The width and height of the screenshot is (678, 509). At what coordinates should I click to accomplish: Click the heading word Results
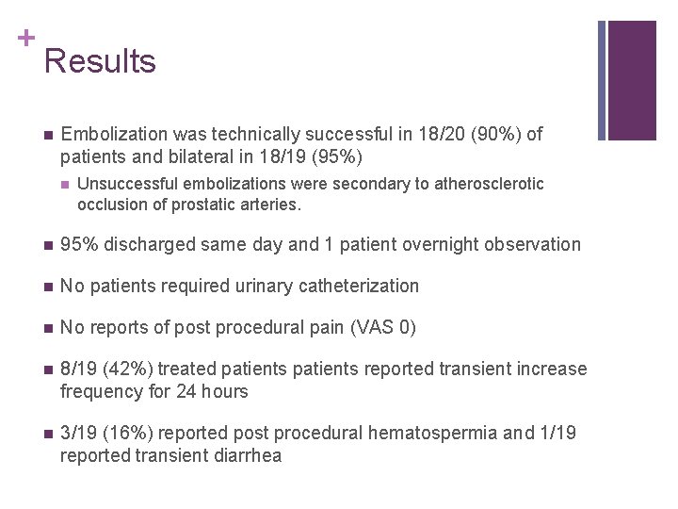tap(100, 61)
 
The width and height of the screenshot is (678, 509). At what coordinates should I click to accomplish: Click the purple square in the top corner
tap(632, 80)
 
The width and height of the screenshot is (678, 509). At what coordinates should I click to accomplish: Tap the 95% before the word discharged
tap(78, 245)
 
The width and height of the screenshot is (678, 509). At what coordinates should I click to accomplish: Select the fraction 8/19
tap(78, 369)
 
